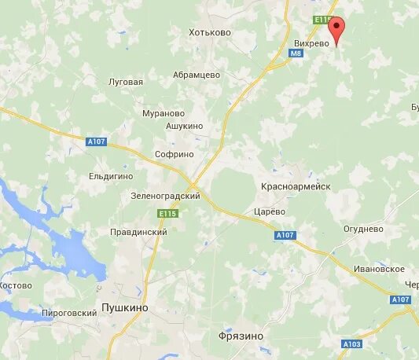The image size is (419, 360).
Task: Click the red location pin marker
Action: tap(337, 29)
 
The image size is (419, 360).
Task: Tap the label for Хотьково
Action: tap(210, 32)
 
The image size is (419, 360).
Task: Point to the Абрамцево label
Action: tap(197, 75)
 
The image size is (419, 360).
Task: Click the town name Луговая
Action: tap(126, 82)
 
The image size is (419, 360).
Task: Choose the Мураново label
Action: tap(164, 113)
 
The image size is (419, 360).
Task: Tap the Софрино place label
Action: tap(174, 155)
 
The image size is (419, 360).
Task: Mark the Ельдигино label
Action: tap(111, 177)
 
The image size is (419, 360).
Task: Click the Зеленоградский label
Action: tap(166, 196)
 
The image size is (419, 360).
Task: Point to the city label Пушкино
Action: tap(125, 310)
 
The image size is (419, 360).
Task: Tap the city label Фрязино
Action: tap(241, 336)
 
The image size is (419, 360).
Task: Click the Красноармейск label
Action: tap(296, 186)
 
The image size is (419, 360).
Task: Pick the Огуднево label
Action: tap(363, 229)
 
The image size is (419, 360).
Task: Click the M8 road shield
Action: tap(296, 53)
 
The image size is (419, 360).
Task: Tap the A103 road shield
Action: tap(351, 344)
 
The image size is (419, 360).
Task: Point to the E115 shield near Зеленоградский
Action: tap(167, 214)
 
